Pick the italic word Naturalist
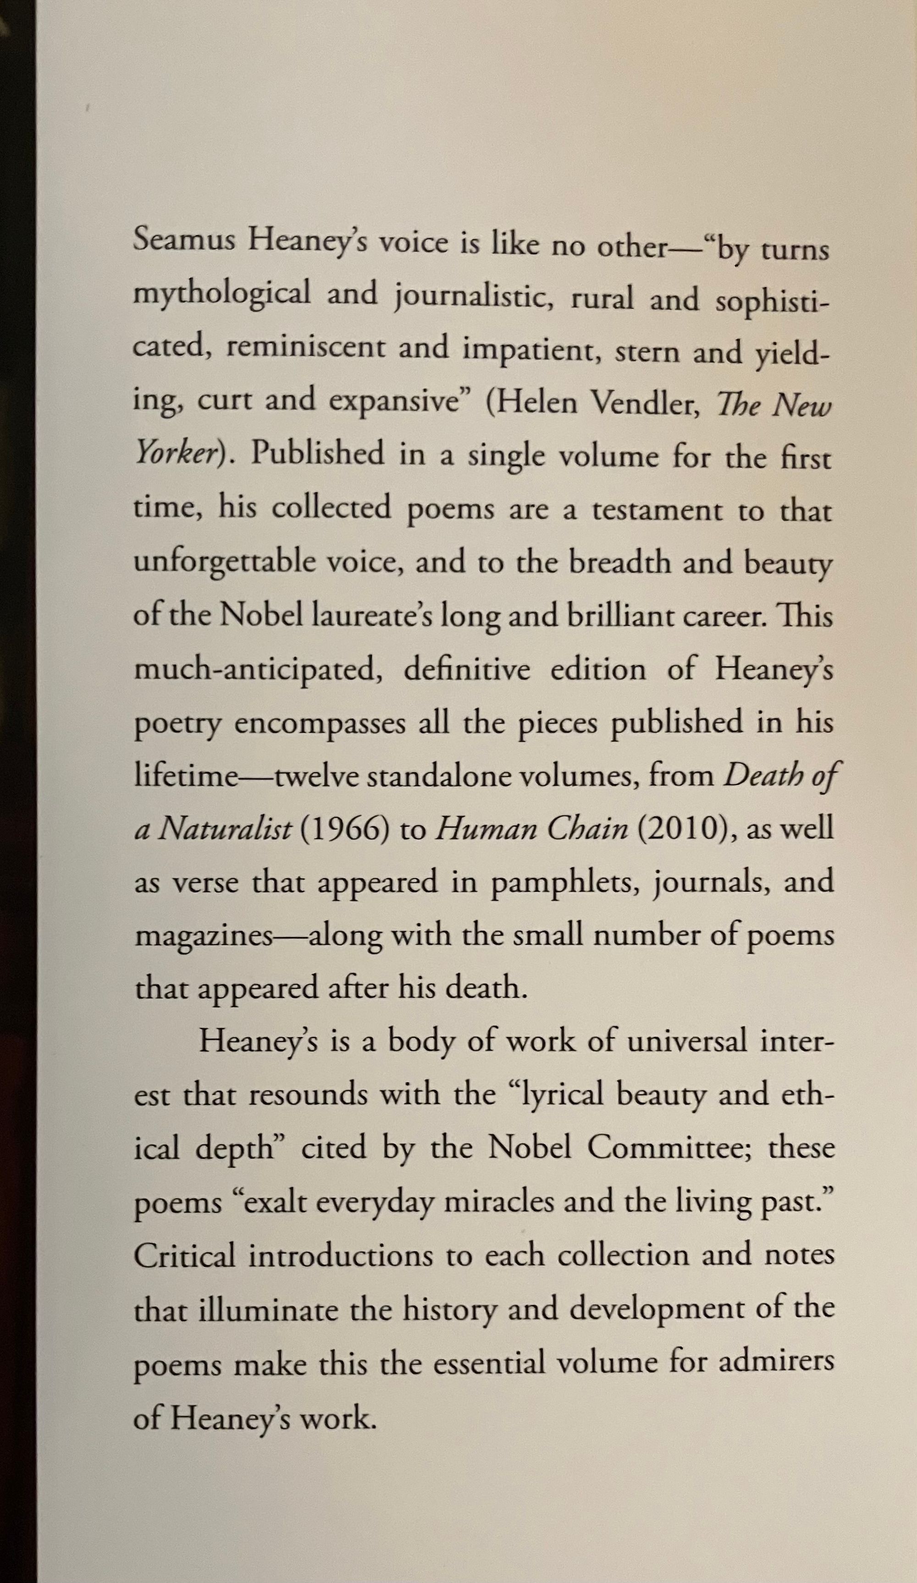(224, 831)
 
